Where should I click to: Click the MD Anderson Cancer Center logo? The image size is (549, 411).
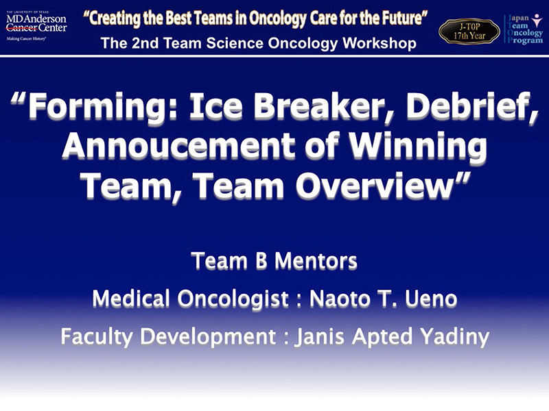(x=36, y=25)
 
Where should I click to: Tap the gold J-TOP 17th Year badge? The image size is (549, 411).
(x=469, y=32)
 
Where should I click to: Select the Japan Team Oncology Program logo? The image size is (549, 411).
(x=524, y=29)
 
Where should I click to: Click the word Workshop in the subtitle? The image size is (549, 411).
(x=379, y=43)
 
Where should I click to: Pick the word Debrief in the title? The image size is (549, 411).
(x=467, y=106)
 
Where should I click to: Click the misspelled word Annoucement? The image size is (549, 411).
(x=178, y=145)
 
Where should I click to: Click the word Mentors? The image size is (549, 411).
(x=316, y=261)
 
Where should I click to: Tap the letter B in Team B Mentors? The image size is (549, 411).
(x=261, y=261)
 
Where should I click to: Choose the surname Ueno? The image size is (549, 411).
(x=431, y=299)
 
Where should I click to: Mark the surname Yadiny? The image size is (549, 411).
(x=455, y=337)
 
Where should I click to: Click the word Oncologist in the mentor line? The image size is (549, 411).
(x=233, y=299)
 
